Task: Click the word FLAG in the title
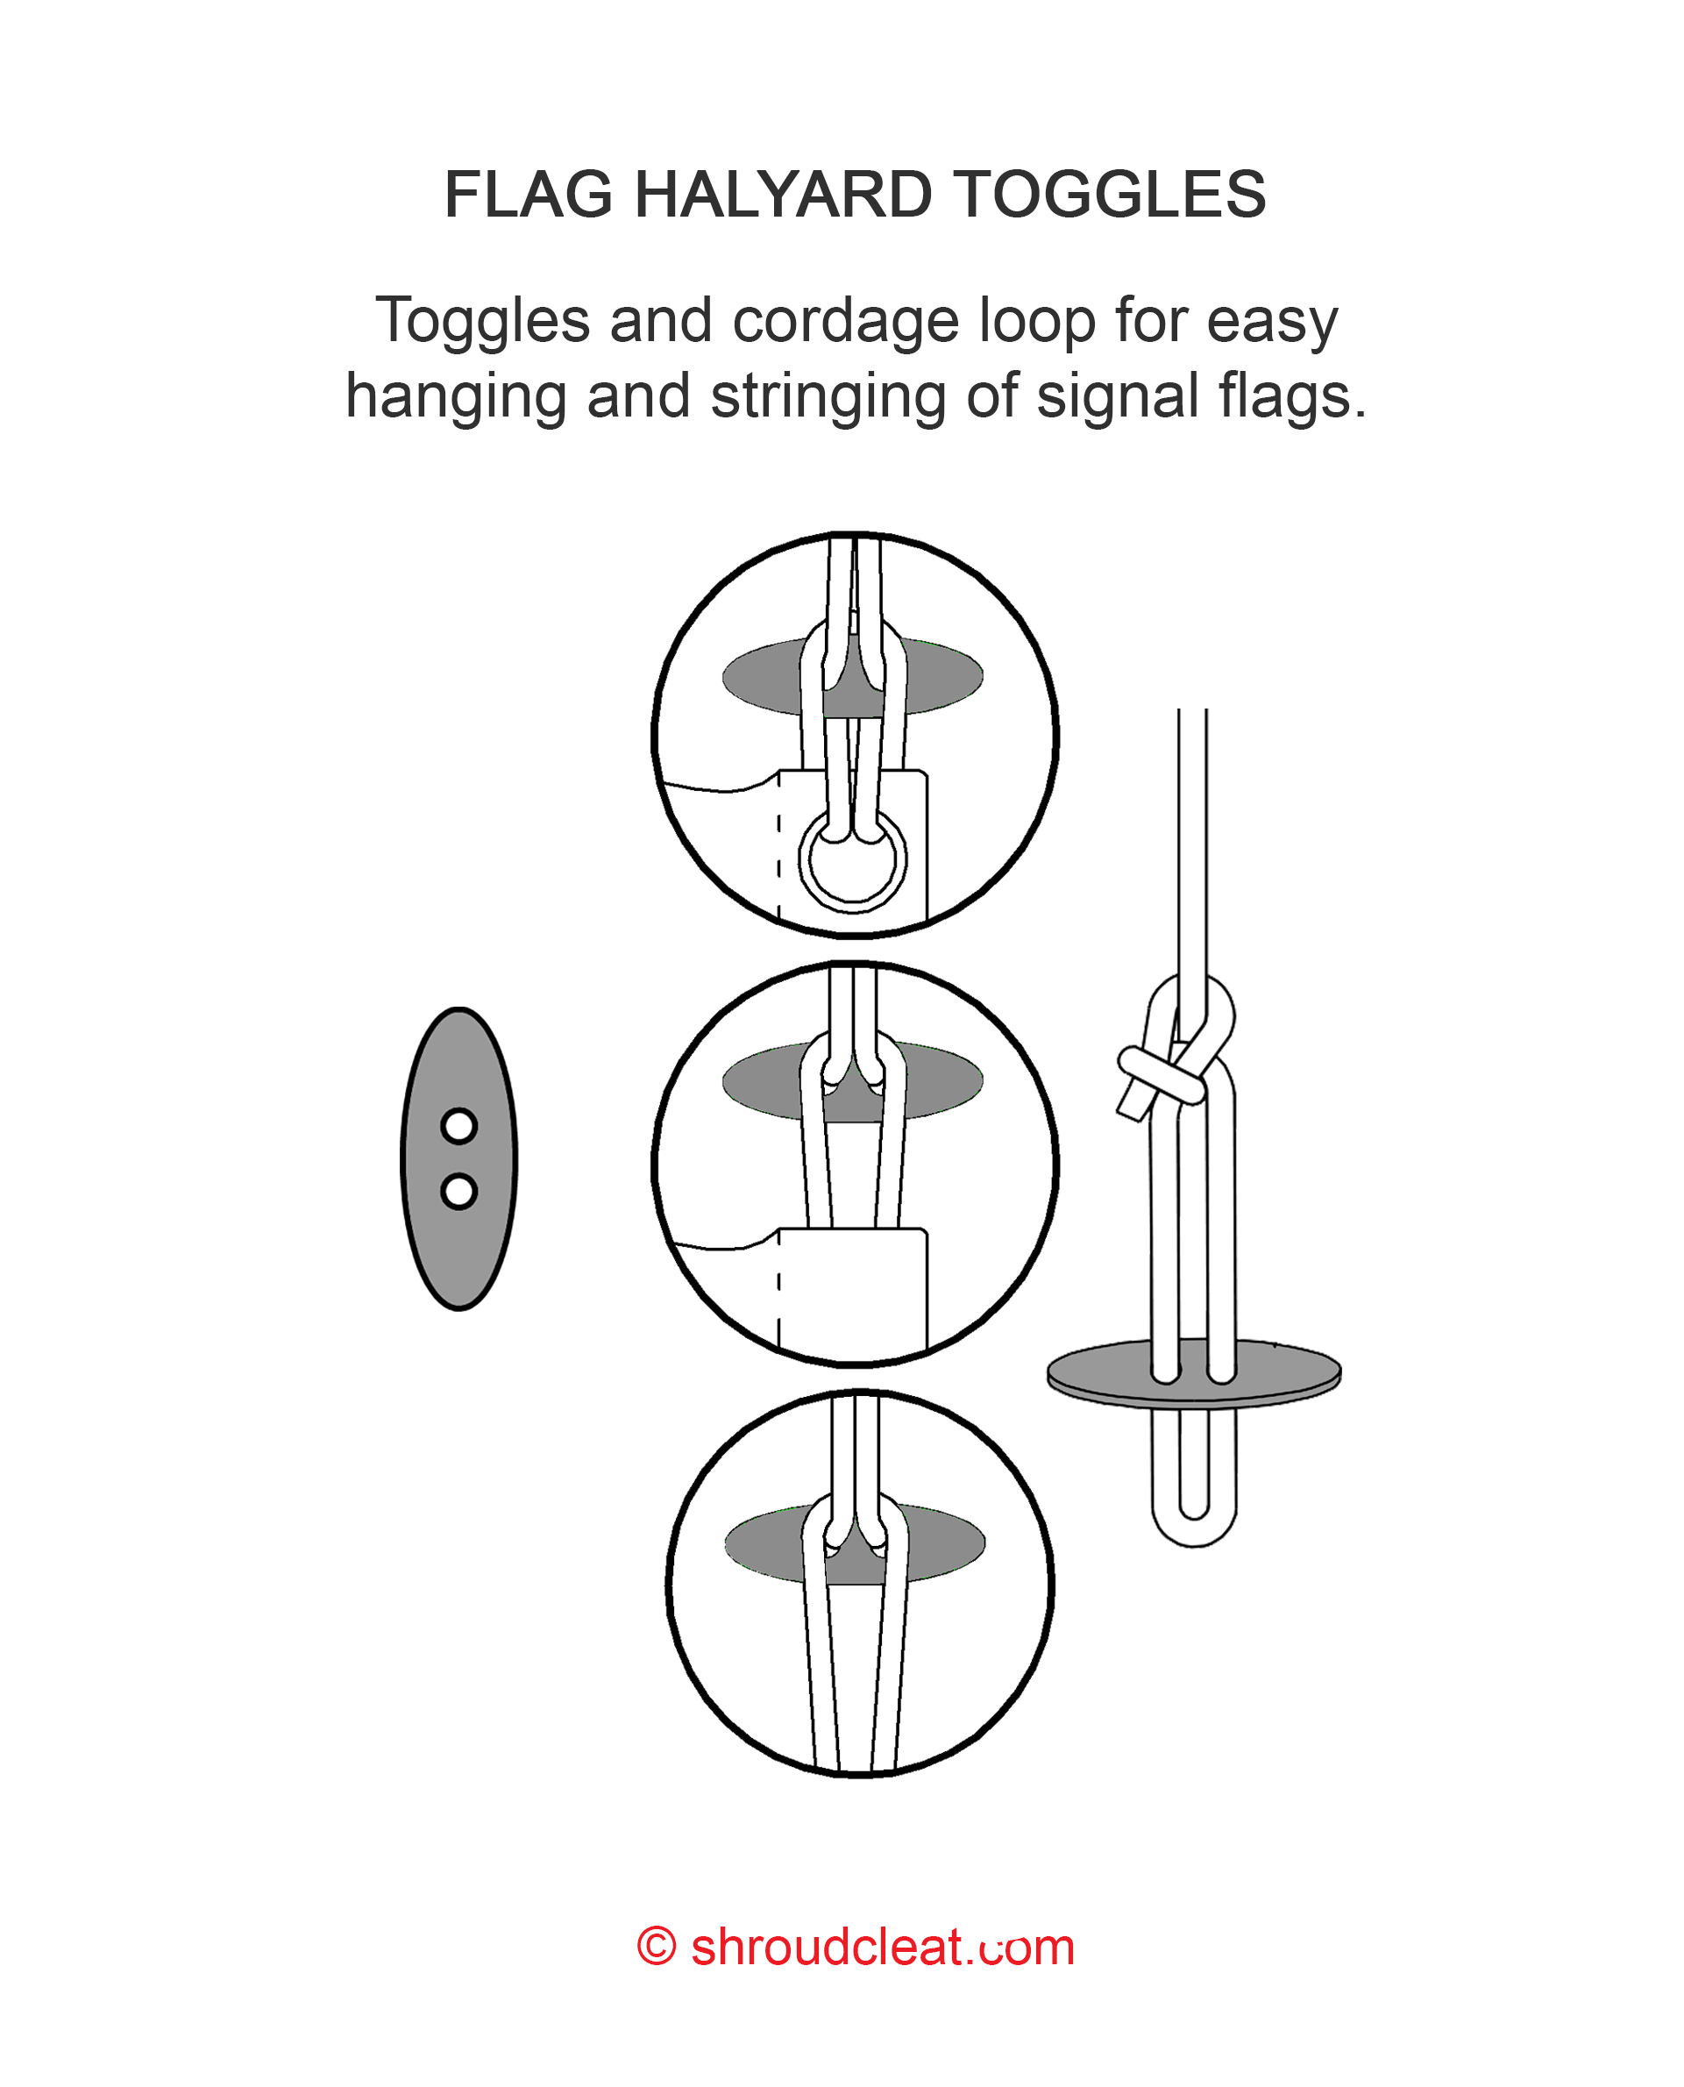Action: point(528,194)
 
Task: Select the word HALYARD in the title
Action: point(783,194)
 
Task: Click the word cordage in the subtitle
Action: point(845,321)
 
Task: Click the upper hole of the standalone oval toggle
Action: point(458,1127)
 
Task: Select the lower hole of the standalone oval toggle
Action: point(458,1192)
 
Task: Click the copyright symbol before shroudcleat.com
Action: point(657,1948)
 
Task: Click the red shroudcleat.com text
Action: point(883,1948)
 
